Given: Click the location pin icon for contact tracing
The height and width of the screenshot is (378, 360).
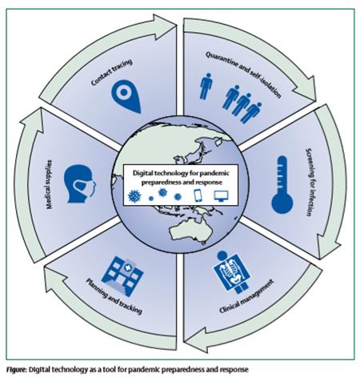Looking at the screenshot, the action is [125, 95].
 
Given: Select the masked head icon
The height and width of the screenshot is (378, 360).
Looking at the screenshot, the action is [79, 183].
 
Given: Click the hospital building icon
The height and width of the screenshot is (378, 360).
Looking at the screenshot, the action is [122, 275].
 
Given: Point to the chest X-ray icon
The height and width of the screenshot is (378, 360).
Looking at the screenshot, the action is [233, 272].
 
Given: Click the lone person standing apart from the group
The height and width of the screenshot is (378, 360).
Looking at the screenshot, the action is [206, 86].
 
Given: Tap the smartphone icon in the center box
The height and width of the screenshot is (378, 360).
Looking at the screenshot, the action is [198, 195].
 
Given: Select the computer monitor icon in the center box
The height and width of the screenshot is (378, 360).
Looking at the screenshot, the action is [221, 196].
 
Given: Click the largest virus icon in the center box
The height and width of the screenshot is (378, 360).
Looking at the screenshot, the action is [134, 196].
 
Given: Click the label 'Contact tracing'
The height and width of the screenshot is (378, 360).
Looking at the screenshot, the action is [111, 72].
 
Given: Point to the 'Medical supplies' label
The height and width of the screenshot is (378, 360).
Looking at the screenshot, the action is [49, 184].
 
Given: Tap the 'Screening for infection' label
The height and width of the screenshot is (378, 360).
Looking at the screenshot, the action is [309, 182].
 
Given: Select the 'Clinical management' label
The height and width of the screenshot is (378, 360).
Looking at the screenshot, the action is [246, 296].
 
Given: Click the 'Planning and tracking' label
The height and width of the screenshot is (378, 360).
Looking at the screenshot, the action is [114, 296].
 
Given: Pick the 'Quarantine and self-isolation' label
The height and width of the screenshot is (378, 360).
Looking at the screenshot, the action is [243, 74].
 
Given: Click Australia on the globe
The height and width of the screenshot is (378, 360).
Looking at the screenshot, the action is [190, 230].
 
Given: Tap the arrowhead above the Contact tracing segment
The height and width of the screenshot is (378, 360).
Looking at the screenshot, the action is [163, 26].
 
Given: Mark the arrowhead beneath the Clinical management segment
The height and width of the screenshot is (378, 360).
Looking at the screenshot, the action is [196, 341].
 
